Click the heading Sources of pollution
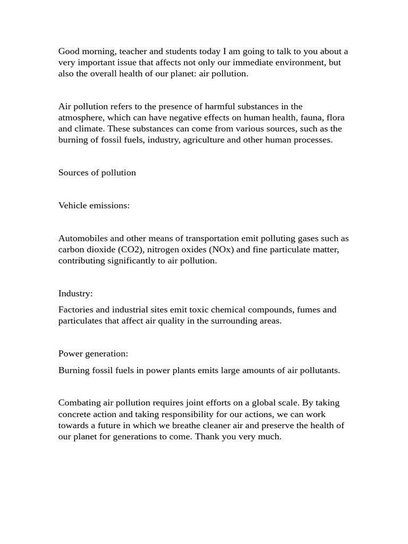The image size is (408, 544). (x=97, y=173)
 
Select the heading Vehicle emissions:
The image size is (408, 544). (x=94, y=206)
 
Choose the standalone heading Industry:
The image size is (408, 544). (x=75, y=293)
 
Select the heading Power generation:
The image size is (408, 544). (x=93, y=353)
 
